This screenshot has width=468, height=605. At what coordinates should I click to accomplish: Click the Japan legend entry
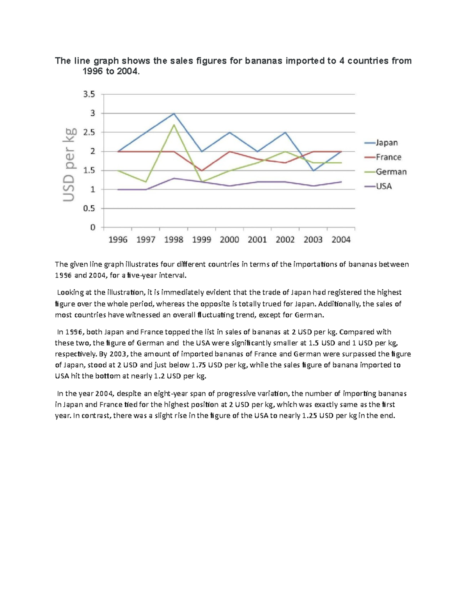click(386, 143)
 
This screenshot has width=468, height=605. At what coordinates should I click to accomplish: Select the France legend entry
click(388, 157)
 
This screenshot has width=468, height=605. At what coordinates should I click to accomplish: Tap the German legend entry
click(391, 172)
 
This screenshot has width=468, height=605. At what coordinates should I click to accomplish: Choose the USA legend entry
click(383, 186)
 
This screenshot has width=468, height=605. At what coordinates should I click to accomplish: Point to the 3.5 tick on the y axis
click(89, 94)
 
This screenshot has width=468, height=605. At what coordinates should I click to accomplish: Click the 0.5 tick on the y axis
click(89, 208)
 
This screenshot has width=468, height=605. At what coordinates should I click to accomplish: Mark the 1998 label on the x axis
click(174, 240)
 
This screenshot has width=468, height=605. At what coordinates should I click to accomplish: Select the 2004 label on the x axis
click(341, 240)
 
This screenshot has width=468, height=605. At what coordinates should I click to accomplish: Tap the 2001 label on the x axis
click(257, 240)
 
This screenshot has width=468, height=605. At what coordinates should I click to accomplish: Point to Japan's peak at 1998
click(174, 113)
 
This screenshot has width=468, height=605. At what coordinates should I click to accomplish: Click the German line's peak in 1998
click(174, 125)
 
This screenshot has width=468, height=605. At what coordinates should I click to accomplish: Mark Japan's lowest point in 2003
click(313, 171)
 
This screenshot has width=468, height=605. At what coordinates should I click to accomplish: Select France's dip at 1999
click(202, 171)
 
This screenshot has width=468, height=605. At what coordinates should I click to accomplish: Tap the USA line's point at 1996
click(118, 189)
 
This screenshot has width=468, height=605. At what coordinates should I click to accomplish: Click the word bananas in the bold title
click(264, 61)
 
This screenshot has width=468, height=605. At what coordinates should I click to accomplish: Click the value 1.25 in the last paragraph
click(310, 416)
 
